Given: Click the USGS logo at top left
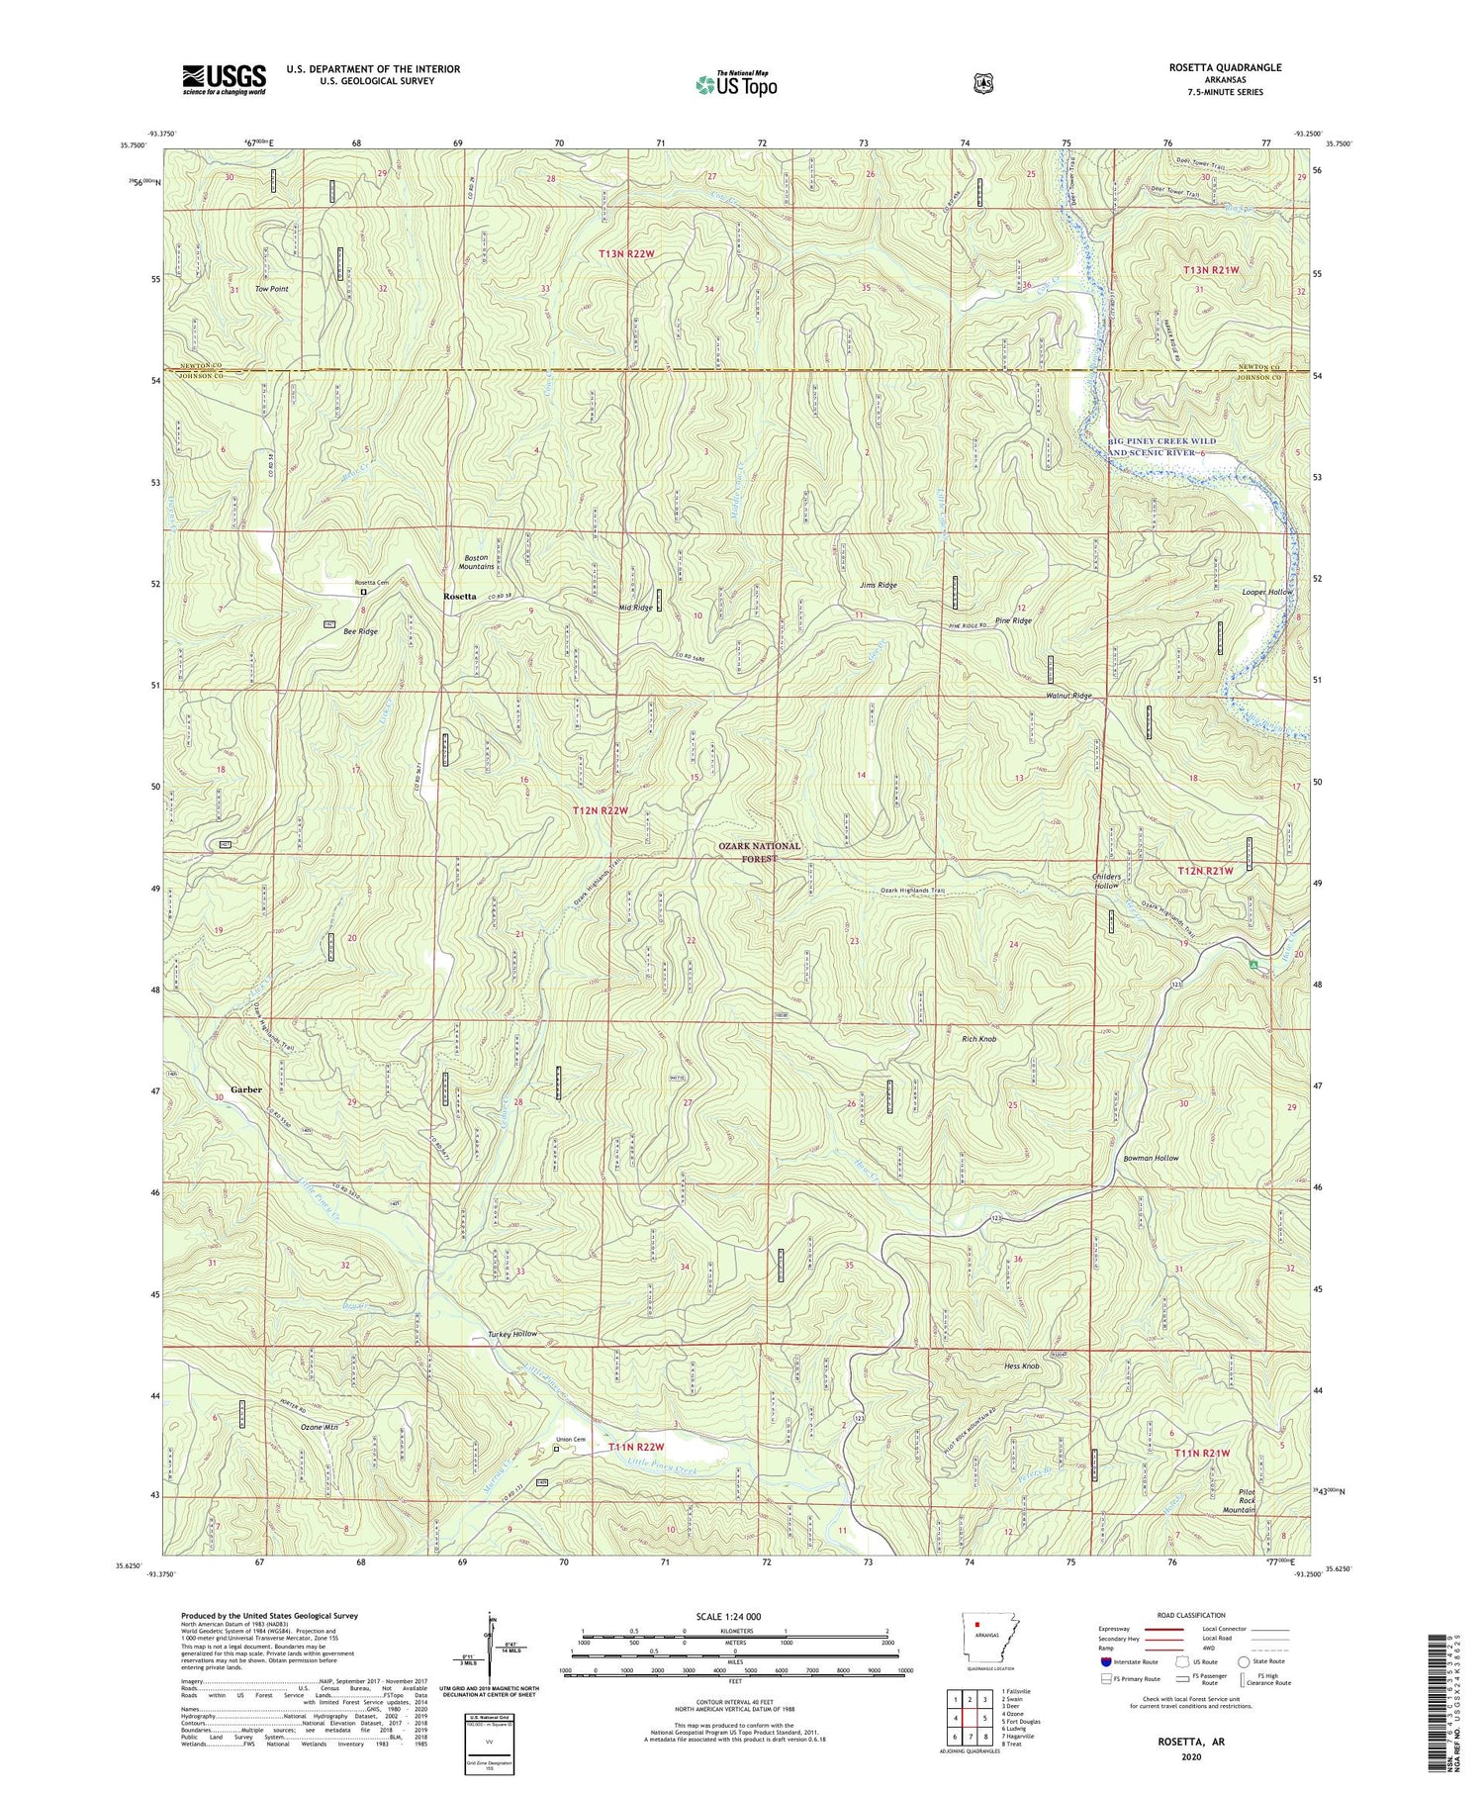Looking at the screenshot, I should click(x=224, y=79).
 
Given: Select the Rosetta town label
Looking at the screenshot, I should click(x=459, y=597).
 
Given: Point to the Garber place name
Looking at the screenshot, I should click(x=246, y=1089).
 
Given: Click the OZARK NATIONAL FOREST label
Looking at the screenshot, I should click(x=761, y=852).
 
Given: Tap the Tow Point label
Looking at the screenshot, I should click(x=271, y=289).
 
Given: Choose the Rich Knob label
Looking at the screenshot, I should click(x=978, y=1040).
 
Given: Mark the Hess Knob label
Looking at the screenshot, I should click(x=1022, y=1367).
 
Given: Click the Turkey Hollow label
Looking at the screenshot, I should click(x=512, y=1334).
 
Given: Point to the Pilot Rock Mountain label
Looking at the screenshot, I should click(x=1238, y=1502).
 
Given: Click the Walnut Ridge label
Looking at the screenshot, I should click(x=1068, y=696).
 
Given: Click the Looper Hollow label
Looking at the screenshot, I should click(x=1267, y=592).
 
